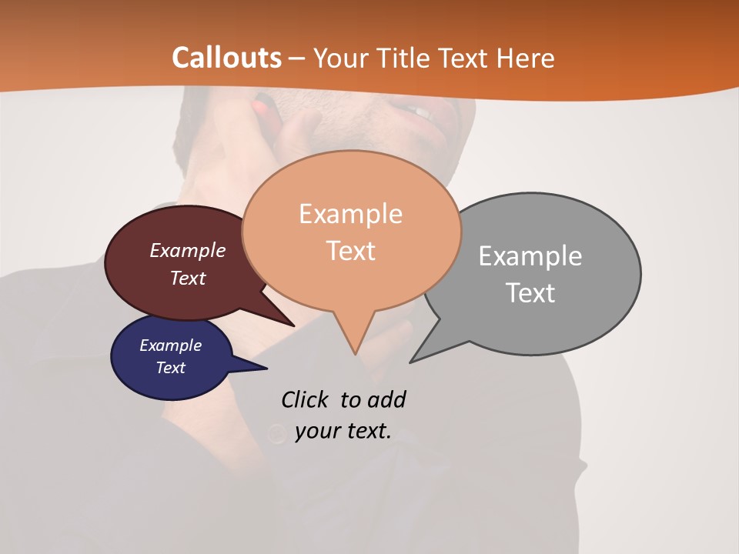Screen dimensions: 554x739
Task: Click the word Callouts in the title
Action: tap(227, 58)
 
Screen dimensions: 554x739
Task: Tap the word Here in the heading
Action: tap(526, 58)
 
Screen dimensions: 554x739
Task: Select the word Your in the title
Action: tap(343, 58)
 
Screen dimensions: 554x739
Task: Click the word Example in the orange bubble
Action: tap(350, 213)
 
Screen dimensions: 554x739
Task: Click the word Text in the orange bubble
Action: tap(350, 250)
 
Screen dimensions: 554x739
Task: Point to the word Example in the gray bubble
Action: tap(530, 255)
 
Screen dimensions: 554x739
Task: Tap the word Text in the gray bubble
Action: tap(530, 292)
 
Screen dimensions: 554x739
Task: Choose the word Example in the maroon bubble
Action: tap(188, 250)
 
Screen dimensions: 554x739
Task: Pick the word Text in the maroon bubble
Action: tap(188, 278)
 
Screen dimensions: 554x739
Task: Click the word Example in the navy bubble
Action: tap(170, 345)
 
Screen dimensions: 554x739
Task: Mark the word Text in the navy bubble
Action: tap(170, 368)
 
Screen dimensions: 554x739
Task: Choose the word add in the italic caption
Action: tap(386, 399)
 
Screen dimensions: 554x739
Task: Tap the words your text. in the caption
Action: tap(343, 430)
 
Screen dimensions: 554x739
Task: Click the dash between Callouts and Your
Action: tap(298, 58)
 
